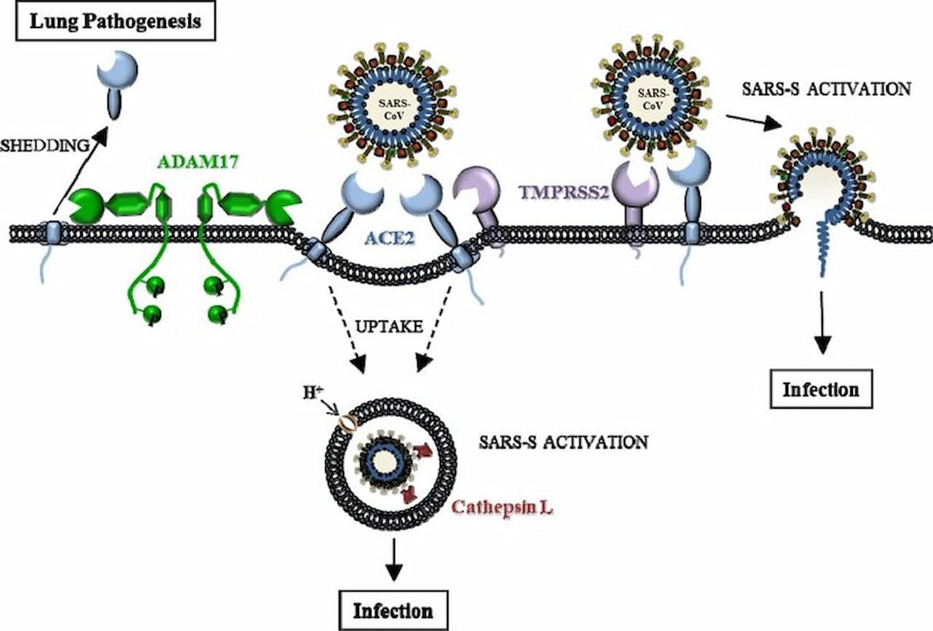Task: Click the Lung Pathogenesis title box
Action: pos(115,22)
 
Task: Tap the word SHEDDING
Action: pos(44,145)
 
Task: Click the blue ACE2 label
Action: pos(389,237)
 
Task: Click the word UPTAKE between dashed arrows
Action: pos(389,326)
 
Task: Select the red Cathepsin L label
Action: pos(502,507)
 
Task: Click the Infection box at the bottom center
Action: pos(393,611)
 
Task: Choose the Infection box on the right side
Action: pos(820,390)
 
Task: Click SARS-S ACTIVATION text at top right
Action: pos(826,89)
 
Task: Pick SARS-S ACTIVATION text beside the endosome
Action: pos(563,442)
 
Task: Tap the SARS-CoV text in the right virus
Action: pos(652,99)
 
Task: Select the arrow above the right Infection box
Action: pos(823,323)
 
